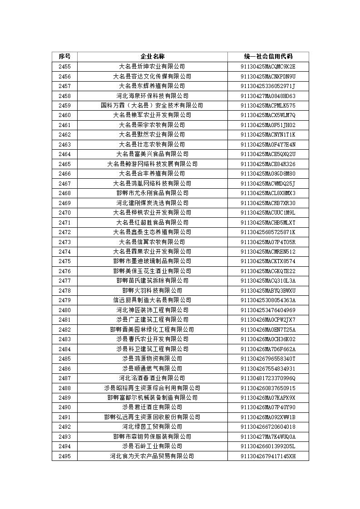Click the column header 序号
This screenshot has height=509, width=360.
[64, 57]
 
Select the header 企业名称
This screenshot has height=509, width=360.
[152, 57]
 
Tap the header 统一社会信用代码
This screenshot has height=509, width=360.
[268, 57]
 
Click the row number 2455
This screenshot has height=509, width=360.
[64, 67]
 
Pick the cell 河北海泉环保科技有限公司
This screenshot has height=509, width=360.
[152, 96]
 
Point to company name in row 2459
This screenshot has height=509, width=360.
[152, 106]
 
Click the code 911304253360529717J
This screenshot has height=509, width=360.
[268, 86]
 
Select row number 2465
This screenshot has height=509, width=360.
[64, 164]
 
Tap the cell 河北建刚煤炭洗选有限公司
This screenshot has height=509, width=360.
[152, 203]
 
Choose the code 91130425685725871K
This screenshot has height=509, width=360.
[268, 232]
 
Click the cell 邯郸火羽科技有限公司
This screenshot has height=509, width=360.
[152, 290]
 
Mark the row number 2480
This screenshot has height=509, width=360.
[64, 310]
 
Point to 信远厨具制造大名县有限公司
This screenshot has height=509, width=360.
[152, 300]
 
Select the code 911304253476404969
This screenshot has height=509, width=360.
[268, 310]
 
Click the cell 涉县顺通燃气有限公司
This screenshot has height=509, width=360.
[152, 368]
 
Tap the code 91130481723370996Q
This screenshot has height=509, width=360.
[268, 378]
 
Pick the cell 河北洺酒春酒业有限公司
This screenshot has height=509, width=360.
[152, 378]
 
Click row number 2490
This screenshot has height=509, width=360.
[64, 407]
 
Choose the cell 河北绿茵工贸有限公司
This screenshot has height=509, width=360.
[152, 426]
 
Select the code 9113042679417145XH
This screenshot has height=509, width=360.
[268, 456]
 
